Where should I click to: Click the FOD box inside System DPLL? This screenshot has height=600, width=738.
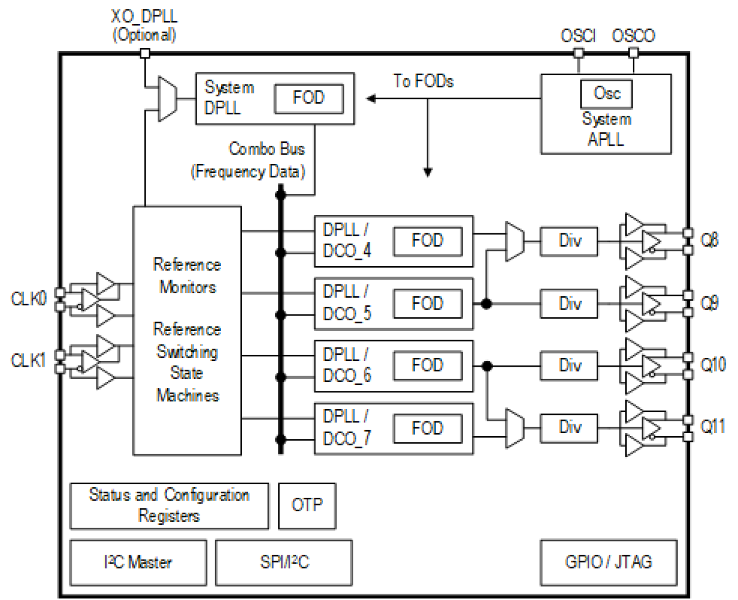[308, 98]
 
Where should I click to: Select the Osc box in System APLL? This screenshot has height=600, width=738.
[606, 93]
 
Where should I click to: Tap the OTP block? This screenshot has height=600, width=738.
[307, 505]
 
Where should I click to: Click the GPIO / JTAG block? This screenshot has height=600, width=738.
[608, 562]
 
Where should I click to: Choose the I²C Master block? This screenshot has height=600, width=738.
[138, 562]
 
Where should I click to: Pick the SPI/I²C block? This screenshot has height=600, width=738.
[284, 562]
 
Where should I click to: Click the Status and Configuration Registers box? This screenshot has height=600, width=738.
[169, 505]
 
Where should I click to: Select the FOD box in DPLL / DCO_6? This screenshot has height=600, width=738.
[427, 366]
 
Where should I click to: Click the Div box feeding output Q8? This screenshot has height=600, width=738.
[569, 241]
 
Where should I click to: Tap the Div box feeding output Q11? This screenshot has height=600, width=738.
[569, 427]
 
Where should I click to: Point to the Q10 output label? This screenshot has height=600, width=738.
[713, 366]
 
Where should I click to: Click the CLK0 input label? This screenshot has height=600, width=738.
[28, 299]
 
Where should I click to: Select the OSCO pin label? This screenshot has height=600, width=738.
[633, 36]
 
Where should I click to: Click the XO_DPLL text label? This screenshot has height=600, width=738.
[144, 16]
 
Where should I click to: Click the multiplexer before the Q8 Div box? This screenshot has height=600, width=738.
[515, 242]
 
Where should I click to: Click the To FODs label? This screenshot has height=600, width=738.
[423, 81]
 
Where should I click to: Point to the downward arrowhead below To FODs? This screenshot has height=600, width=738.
[428, 172]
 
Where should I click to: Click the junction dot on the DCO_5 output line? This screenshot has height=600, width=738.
[487, 303]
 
